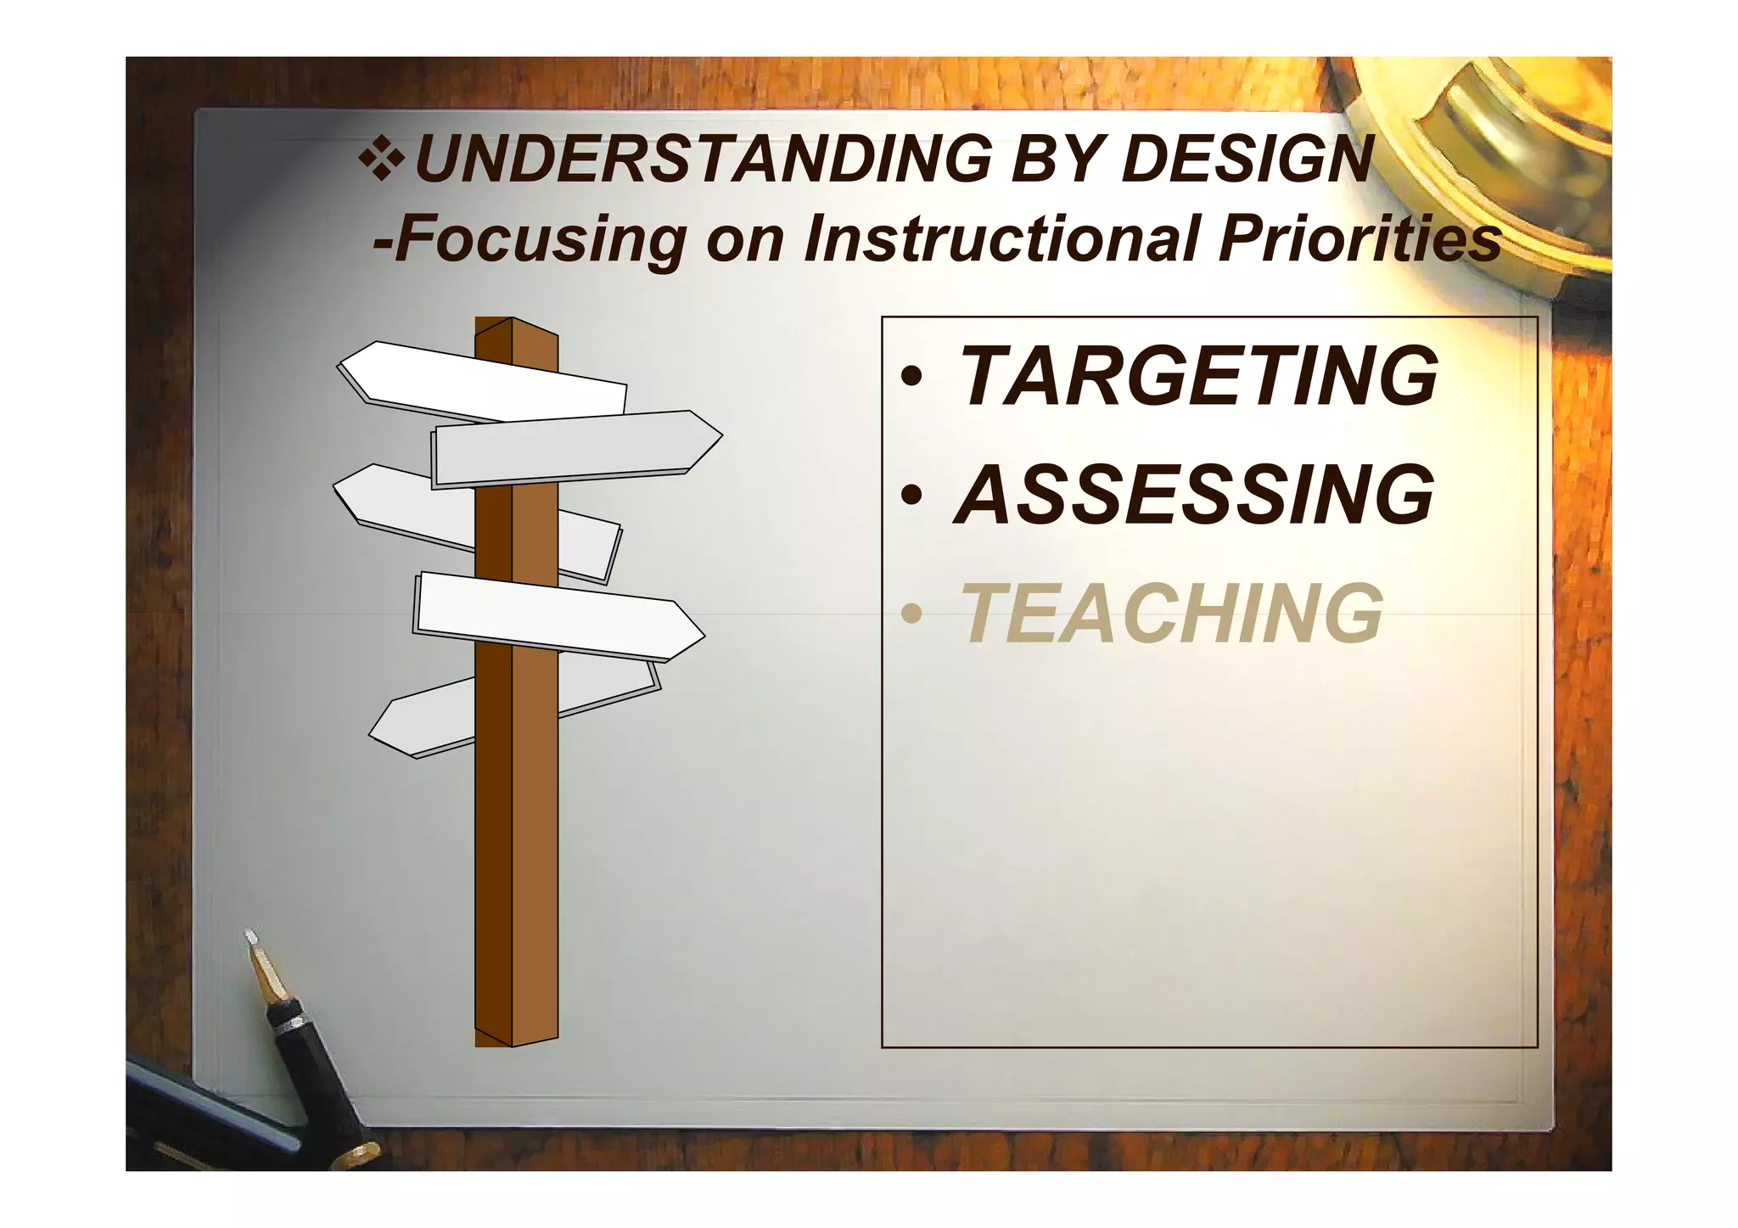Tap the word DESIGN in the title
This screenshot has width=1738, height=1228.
pyautogui.click(x=1246, y=160)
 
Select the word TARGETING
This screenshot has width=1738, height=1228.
pyautogui.click(x=1197, y=376)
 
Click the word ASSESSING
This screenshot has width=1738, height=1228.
pyautogui.click(x=1194, y=494)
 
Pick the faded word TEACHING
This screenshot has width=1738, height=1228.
pyautogui.click(x=1172, y=613)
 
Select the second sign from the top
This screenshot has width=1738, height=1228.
pyautogui.click(x=577, y=447)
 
